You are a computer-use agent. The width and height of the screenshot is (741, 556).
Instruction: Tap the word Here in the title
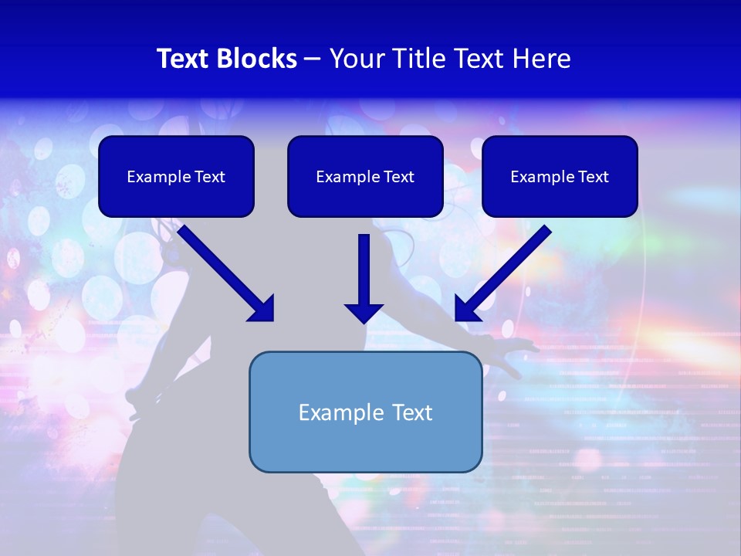tap(542, 59)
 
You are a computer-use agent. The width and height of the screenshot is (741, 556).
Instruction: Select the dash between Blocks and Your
tap(313, 59)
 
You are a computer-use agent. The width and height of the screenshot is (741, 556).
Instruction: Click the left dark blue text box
tap(176, 176)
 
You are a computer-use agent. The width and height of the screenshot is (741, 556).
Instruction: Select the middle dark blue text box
tap(365, 176)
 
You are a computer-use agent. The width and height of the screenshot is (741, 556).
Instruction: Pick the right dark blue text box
tap(560, 176)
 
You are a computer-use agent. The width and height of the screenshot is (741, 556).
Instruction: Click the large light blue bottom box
tap(365, 412)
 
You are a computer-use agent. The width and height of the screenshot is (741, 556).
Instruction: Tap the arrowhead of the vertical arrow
tap(364, 313)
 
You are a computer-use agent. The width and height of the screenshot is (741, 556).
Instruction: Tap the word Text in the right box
tap(593, 177)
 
